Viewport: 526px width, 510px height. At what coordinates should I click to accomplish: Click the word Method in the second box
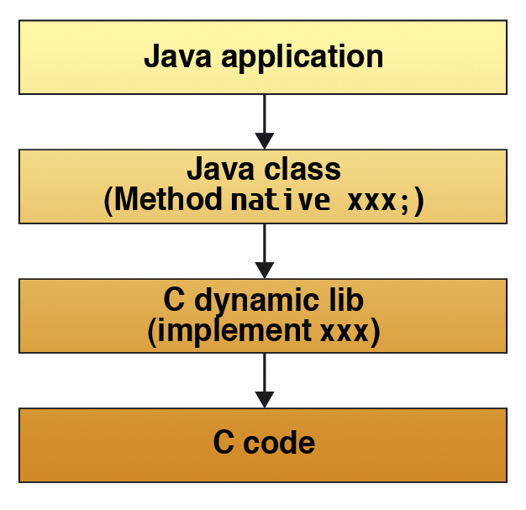[x=168, y=201]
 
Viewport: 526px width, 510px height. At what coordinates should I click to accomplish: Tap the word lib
[x=345, y=300]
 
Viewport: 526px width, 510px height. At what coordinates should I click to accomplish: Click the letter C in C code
[x=224, y=444]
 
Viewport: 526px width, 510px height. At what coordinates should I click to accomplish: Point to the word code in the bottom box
[x=279, y=444]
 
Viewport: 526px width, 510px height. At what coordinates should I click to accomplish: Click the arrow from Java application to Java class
[x=264, y=122]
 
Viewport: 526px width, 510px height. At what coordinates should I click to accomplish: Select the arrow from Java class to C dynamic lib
[x=264, y=251]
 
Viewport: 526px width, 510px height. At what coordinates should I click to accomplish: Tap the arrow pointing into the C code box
[x=264, y=381]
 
